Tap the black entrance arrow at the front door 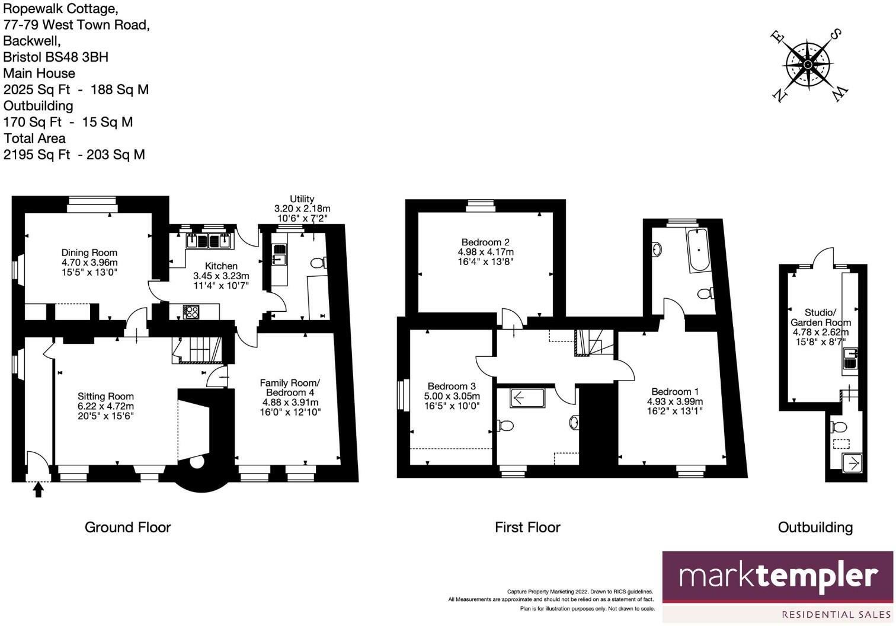pyautogui.click(x=39, y=490)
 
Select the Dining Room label pyautogui.click(x=89, y=253)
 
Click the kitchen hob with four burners pyautogui.click(x=191, y=311)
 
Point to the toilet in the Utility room pyautogui.click(x=319, y=263)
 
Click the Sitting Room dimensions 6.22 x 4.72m pyautogui.click(x=106, y=407)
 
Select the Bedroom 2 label pyautogui.click(x=485, y=242)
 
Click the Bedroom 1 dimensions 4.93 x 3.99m pyautogui.click(x=675, y=401)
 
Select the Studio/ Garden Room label pyautogui.click(x=820, y=317)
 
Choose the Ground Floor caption pyautogui.click(x=127, y=527)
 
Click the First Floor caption pyautogui.click(x=527, y=527)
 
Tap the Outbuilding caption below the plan pyautogui.click(x=815, y=527)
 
